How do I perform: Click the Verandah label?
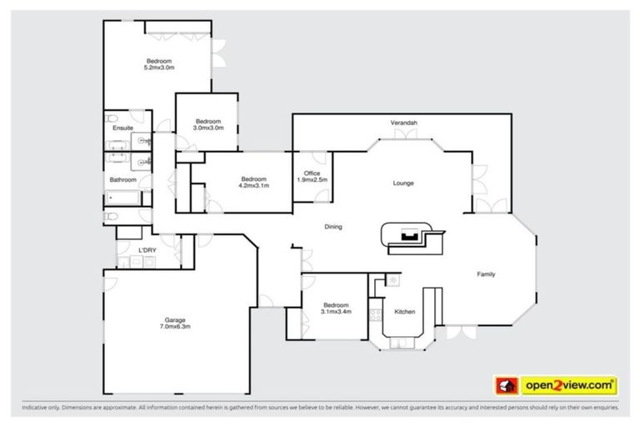tap(403, 123)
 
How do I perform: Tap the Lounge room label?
tap(403, 183)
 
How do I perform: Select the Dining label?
tap(333, 227)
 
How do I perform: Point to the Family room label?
tap(487, 274)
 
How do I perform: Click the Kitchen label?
tap(404, 312)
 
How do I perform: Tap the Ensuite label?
tap(123, 128)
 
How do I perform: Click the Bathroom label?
tap(123, 179)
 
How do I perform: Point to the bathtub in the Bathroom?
tap(125, 198)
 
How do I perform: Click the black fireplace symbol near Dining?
tap(409, 235)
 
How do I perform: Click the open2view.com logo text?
tap(569, 385)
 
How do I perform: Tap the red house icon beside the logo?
tap(504, 385)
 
